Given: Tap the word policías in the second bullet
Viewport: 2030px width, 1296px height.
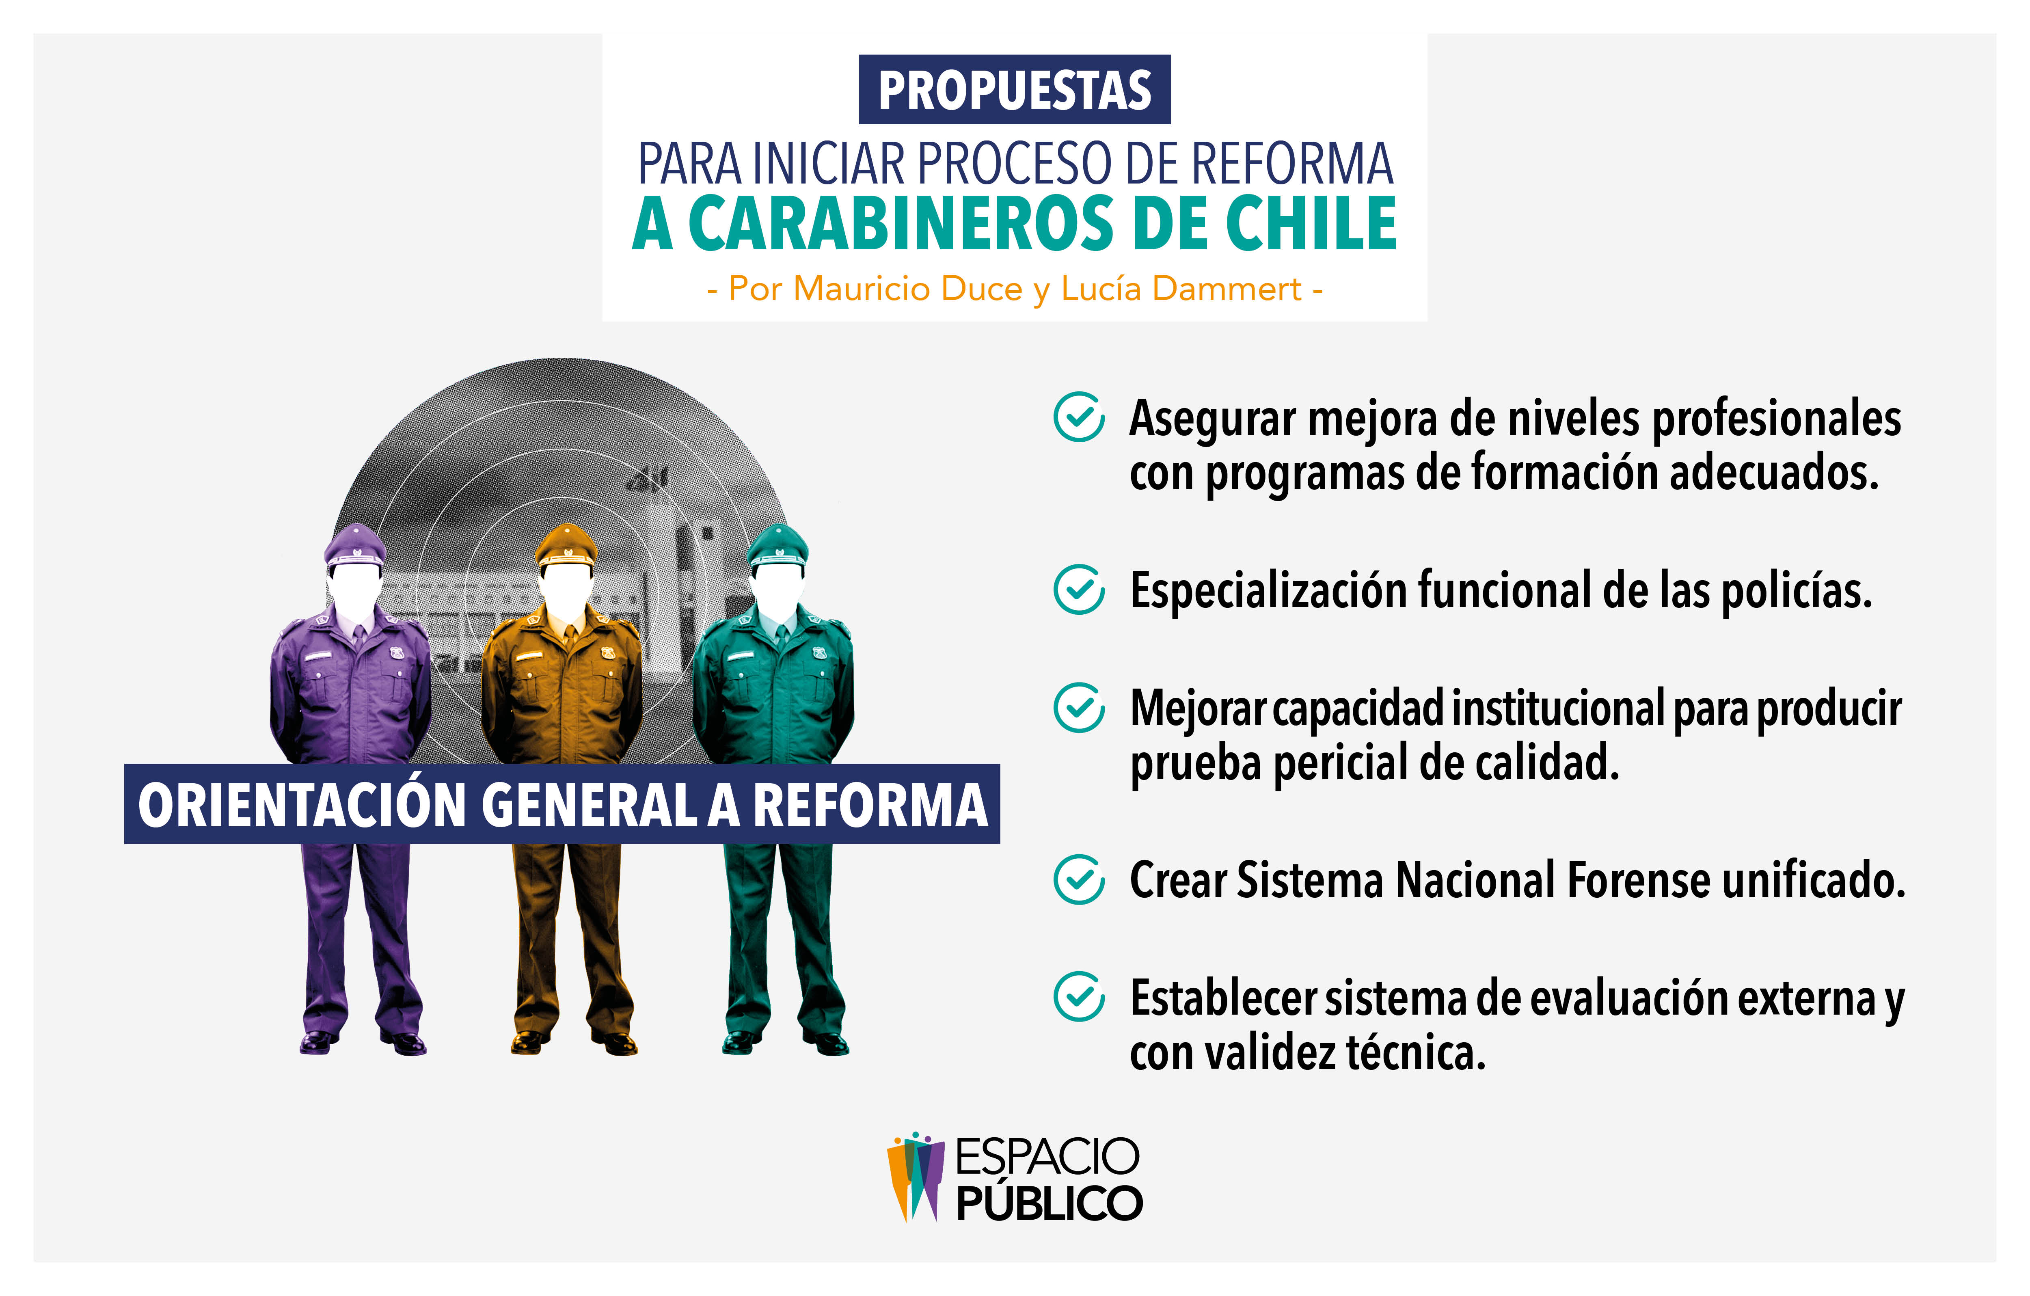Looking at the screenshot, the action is [x=1796, y=590].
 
